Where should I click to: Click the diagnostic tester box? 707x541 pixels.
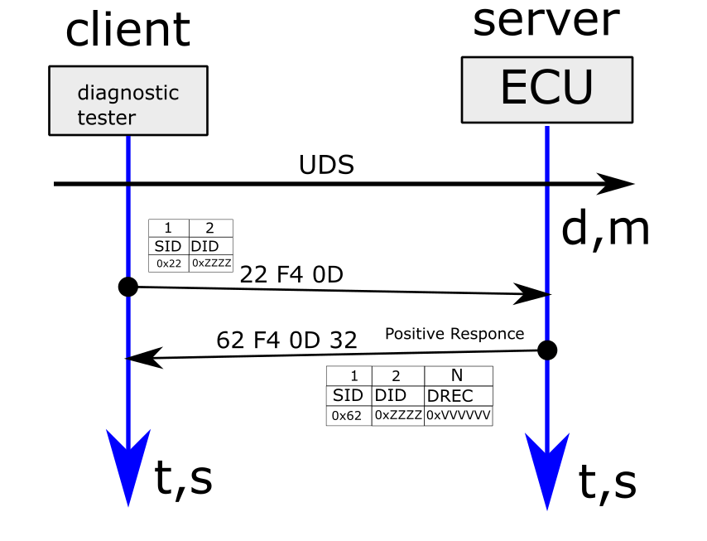coord(128,100)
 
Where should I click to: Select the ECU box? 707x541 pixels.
coord(546,88)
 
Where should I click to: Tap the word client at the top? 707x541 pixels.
coord(127,30)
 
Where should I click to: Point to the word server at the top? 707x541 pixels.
coord(546,21)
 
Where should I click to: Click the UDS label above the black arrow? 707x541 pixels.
coord(326,165)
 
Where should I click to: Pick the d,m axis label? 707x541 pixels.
coord(605,229)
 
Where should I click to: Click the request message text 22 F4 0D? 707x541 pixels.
coord(291,274)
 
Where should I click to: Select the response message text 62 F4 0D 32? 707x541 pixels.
coord(286,341)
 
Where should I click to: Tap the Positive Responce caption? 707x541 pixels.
coord(454,334)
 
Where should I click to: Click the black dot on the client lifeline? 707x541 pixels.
coord(127,287)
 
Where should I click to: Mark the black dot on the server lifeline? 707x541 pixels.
coord(546,350)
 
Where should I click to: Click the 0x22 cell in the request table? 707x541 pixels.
coord(169,263)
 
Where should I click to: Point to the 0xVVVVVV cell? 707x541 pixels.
coord(458,415)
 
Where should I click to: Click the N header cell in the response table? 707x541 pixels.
coord(458,375)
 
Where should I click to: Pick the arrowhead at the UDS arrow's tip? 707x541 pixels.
coord(617,184)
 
